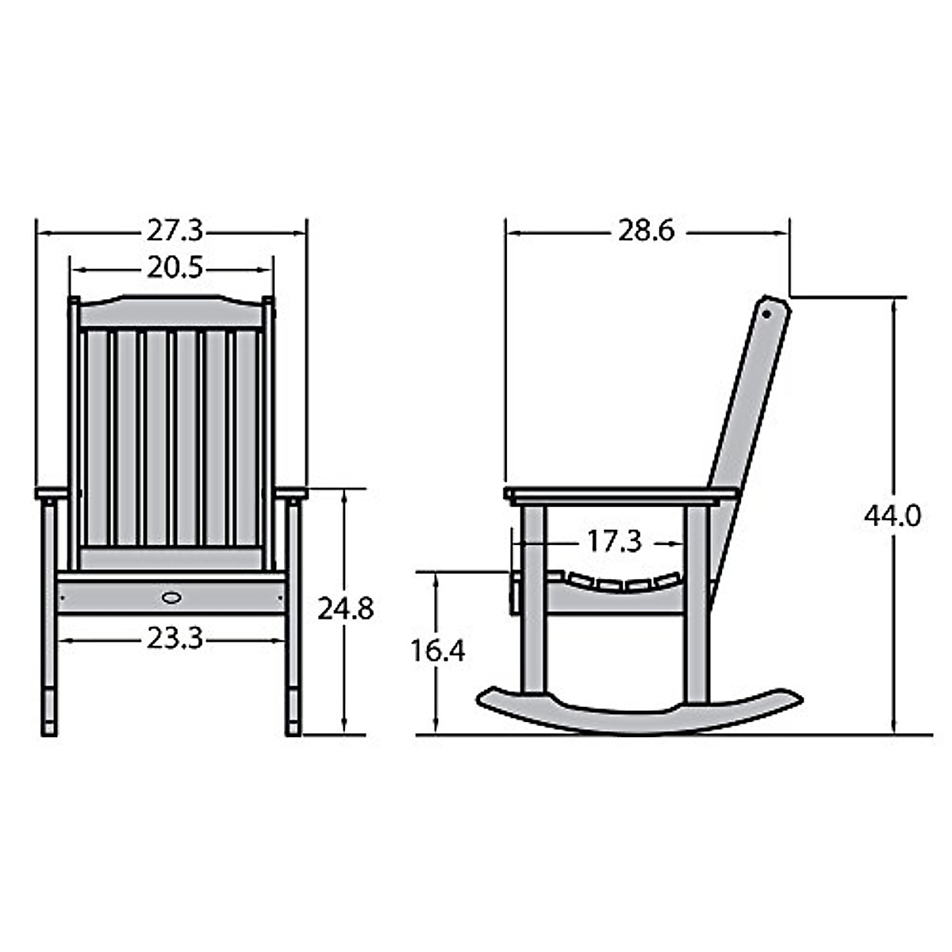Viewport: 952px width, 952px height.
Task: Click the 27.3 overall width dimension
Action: click(x=175, y=232)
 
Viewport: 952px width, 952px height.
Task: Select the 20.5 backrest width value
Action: click(x=175, y=269)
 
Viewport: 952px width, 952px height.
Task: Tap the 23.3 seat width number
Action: click(x=175, y=638)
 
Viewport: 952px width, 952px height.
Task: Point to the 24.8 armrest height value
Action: click(x=345, y=609)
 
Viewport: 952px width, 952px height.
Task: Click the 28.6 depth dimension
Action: click(x=646, y=231)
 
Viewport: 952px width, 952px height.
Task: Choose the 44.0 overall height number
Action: click(x=892, y=516)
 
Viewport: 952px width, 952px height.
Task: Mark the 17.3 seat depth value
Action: click(x=613, y=542)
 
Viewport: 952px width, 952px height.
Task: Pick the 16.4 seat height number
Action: click(x=437, y=651)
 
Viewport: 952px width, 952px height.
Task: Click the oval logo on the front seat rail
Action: click(x=171, y=596)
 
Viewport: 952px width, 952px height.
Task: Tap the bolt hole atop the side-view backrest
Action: click(x=767, y=312)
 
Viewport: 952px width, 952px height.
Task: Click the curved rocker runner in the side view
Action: click(x=639, y=714)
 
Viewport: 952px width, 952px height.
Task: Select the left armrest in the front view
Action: click(x=51, y=493)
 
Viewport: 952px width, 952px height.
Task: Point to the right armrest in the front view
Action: click(x=291, y=493)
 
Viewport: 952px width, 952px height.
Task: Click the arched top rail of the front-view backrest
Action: click(x=171, y=312)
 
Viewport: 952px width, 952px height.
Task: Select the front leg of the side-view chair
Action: click(x=533, y=603)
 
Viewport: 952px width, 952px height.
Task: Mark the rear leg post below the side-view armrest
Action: click(x=697, y=603)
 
